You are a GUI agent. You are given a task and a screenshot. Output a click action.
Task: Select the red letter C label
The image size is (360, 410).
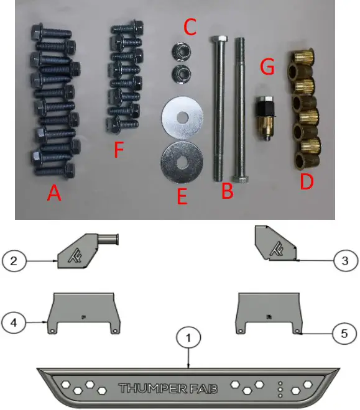pos(190,27)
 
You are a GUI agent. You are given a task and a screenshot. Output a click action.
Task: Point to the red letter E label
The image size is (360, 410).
pos(182,197)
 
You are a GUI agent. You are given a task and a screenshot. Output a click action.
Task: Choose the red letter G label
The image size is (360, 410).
pos(267,68)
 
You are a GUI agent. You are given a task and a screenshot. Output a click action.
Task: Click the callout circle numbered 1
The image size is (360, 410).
pos(189,339)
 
